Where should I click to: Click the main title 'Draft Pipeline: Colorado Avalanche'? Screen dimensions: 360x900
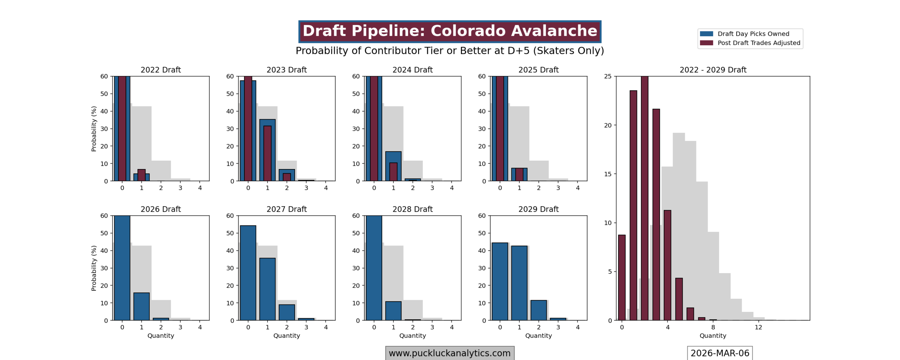(450, 31)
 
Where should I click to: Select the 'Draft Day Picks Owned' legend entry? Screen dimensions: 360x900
(753, 34)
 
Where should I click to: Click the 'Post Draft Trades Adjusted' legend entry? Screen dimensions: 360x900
(758, 43)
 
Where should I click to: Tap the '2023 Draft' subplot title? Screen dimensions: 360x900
(287, 70)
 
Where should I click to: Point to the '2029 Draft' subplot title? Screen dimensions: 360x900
(538, 209)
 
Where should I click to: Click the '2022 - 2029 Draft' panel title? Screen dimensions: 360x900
(713, 70)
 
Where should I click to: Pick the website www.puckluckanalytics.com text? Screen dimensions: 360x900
(449, 353)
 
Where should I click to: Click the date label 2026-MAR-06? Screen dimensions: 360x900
(720, 353)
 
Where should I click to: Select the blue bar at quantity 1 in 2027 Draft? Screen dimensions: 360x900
(267, 289)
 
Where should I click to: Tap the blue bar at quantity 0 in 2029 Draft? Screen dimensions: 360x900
(500, 281)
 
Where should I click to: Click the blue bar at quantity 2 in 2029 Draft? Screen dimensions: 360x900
(538, 310)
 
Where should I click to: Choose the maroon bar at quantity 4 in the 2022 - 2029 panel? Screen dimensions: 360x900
(667, 265)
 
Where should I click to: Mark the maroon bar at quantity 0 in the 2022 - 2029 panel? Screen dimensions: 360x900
(622, 277)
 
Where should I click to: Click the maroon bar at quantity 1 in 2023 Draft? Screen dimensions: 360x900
(267, 153)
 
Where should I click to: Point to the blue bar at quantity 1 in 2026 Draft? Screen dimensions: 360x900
(141, 306)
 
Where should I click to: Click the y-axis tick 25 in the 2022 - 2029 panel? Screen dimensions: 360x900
(607, 76)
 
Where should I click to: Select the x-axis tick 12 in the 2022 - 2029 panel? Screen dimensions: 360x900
(758, 327)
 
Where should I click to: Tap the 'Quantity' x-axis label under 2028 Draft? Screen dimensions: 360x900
(412, 335)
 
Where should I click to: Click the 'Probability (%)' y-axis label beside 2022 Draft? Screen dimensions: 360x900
(94, 129)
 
